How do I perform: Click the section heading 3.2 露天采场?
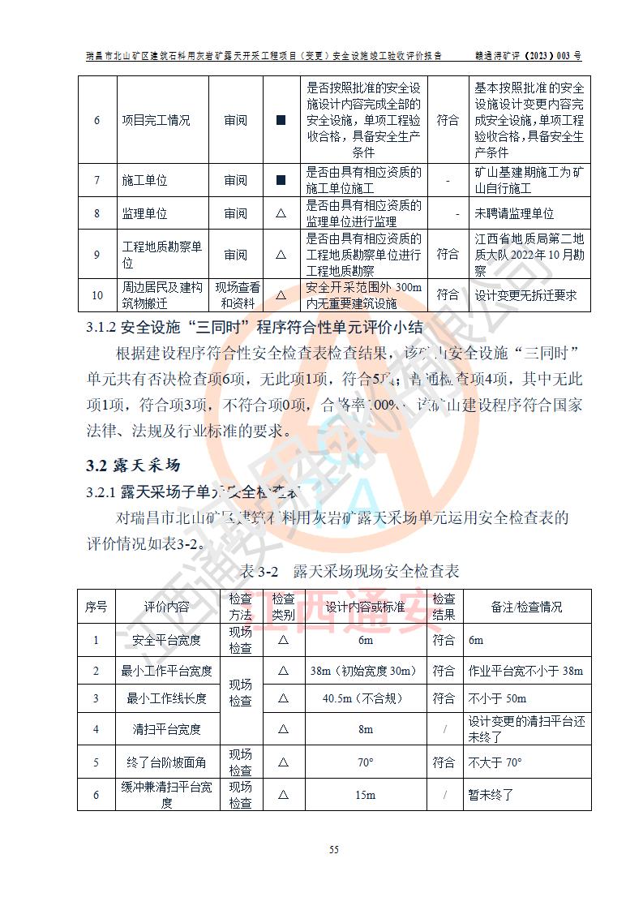(x=133, y=466)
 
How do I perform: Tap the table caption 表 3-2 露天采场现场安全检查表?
(x=349, y=571)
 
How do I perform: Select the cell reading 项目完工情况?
(x=156, y=120)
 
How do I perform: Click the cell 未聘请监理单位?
(x=515, y=213)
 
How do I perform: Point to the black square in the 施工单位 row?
(x=281, y=181)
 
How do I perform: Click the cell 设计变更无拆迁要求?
(x=526, y=295)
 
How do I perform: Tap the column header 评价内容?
(x=167, y=607)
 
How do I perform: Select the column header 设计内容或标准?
(x=365, y=607)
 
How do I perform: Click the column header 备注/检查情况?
(x=526, y=607)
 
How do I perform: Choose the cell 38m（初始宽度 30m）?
(x=364, y=671)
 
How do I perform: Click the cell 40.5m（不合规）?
(x=364, y=698)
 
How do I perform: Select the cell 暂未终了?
(x=491, y=795)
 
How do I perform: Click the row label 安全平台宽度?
(x=167, y=640)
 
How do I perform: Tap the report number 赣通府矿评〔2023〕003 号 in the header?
(x=529, y=56)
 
